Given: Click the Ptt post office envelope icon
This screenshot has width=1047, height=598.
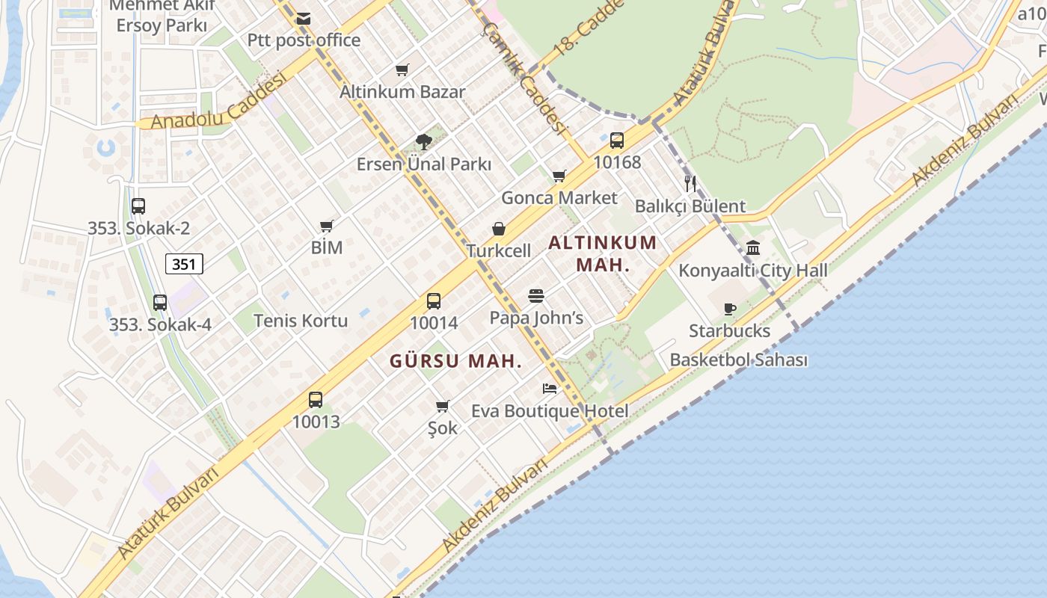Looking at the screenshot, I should [304, 19].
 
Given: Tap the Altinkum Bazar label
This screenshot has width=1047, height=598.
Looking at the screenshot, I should [402, 92].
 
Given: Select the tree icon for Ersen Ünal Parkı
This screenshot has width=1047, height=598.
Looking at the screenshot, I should [424, 142].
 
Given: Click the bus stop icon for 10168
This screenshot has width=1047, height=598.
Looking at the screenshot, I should [617, 140].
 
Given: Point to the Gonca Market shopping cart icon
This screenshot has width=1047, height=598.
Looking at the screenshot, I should [559, 176].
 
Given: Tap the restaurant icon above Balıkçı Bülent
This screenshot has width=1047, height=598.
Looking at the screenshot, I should [690, 183].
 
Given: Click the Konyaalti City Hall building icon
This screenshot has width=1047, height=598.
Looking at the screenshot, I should [753, 247].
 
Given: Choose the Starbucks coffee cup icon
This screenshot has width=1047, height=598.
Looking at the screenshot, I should [730, 309].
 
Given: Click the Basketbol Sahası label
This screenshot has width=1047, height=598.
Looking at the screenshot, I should [738, 360].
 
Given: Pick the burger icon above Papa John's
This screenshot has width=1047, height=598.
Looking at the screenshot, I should [536, 296].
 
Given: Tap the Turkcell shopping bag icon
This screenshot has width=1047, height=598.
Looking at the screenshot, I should [499, 229].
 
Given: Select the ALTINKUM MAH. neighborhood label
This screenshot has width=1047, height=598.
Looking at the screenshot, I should [603, 253].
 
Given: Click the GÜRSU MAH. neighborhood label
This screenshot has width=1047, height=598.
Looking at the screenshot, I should [455, 361].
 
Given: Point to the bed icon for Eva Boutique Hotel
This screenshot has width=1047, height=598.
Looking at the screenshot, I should [550, 389].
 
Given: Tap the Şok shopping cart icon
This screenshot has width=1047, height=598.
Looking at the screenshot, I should [443, 407].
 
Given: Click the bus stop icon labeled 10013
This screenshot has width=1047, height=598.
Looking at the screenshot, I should [316, 399].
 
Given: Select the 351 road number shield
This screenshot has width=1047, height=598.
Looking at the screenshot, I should [184, 263].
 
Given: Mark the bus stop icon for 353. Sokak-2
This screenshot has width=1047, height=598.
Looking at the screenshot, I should [138, 206].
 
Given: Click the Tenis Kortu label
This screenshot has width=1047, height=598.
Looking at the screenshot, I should [301, 321].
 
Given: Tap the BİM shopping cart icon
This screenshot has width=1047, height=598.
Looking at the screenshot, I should [327, 226].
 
